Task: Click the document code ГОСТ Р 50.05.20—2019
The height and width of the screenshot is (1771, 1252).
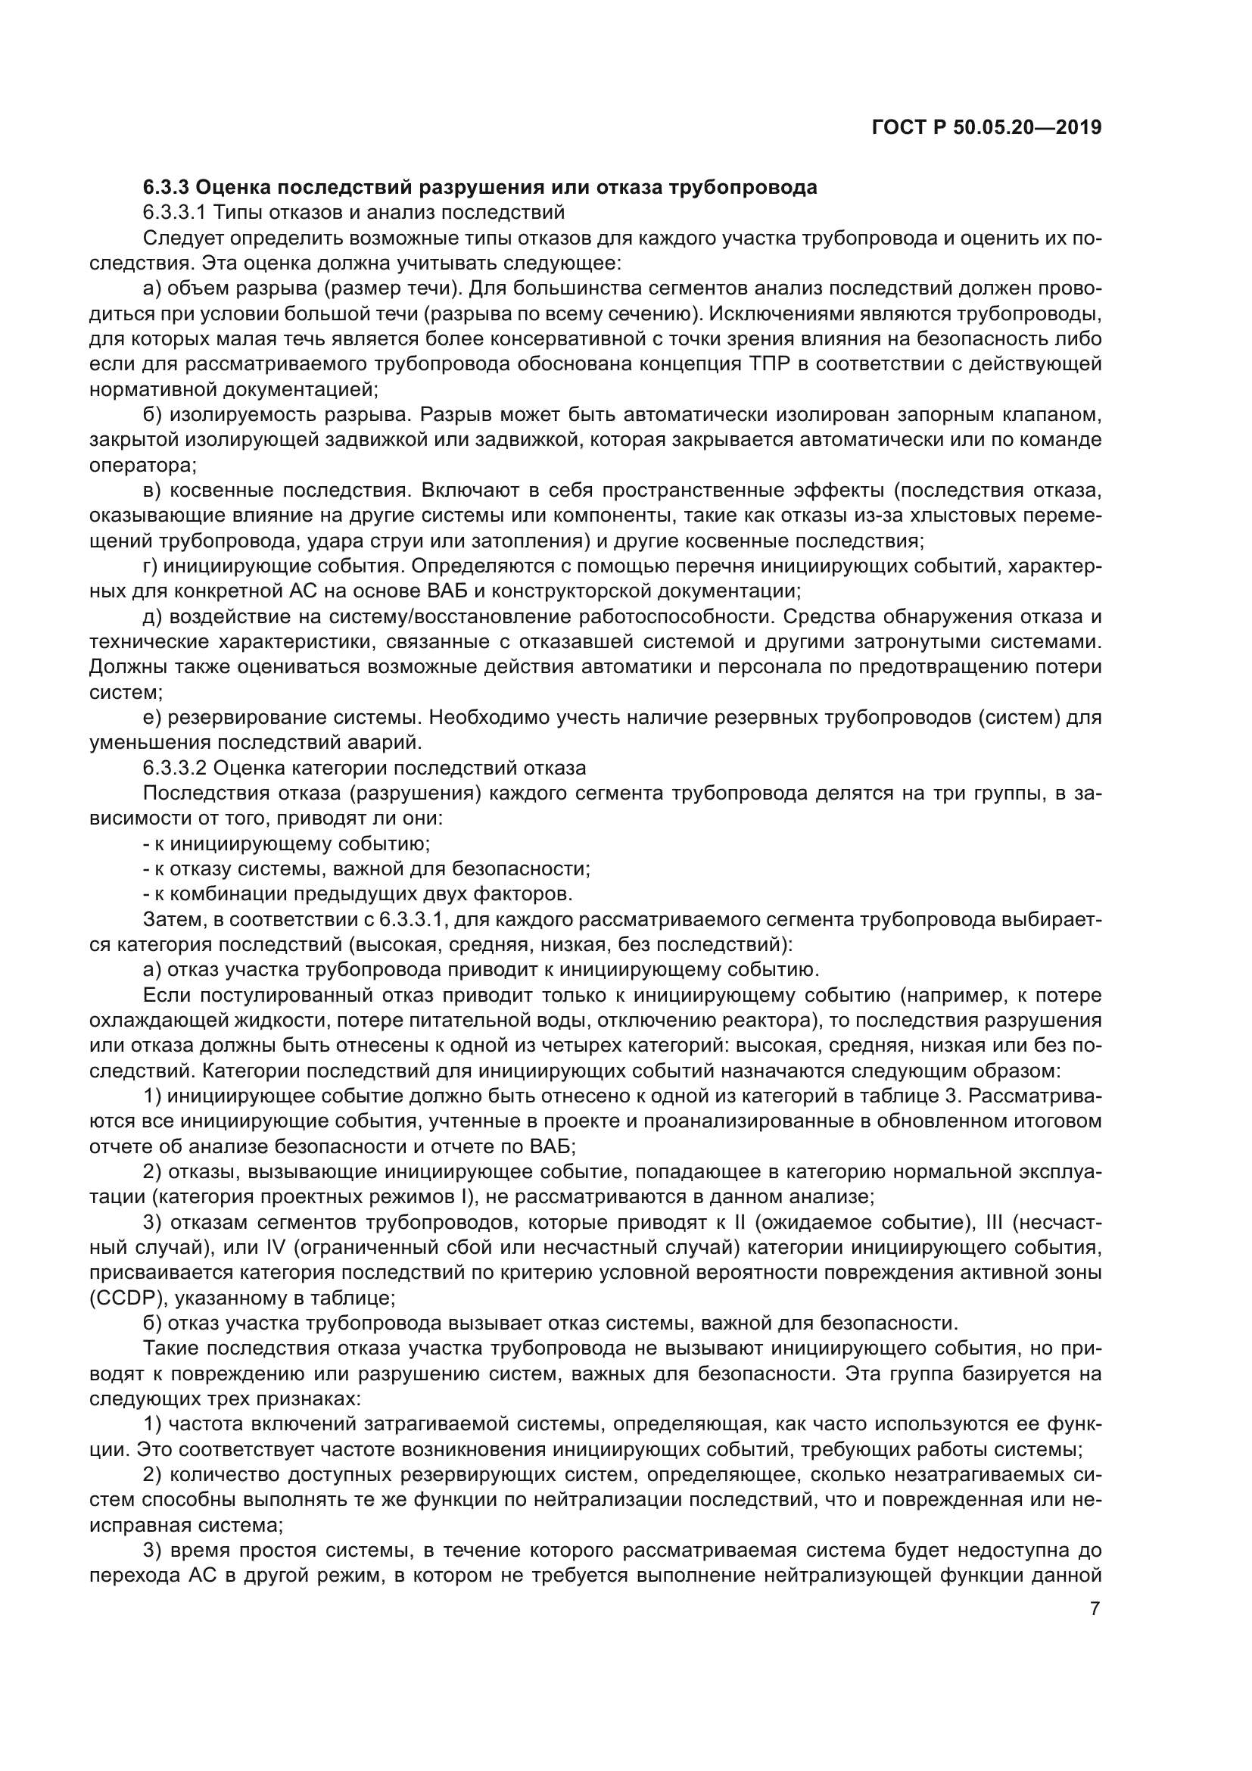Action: tap(986, 127)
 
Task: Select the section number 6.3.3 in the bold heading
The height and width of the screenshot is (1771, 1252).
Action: tap(167, 188)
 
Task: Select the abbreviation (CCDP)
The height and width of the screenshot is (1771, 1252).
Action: tap(127, 1299)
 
